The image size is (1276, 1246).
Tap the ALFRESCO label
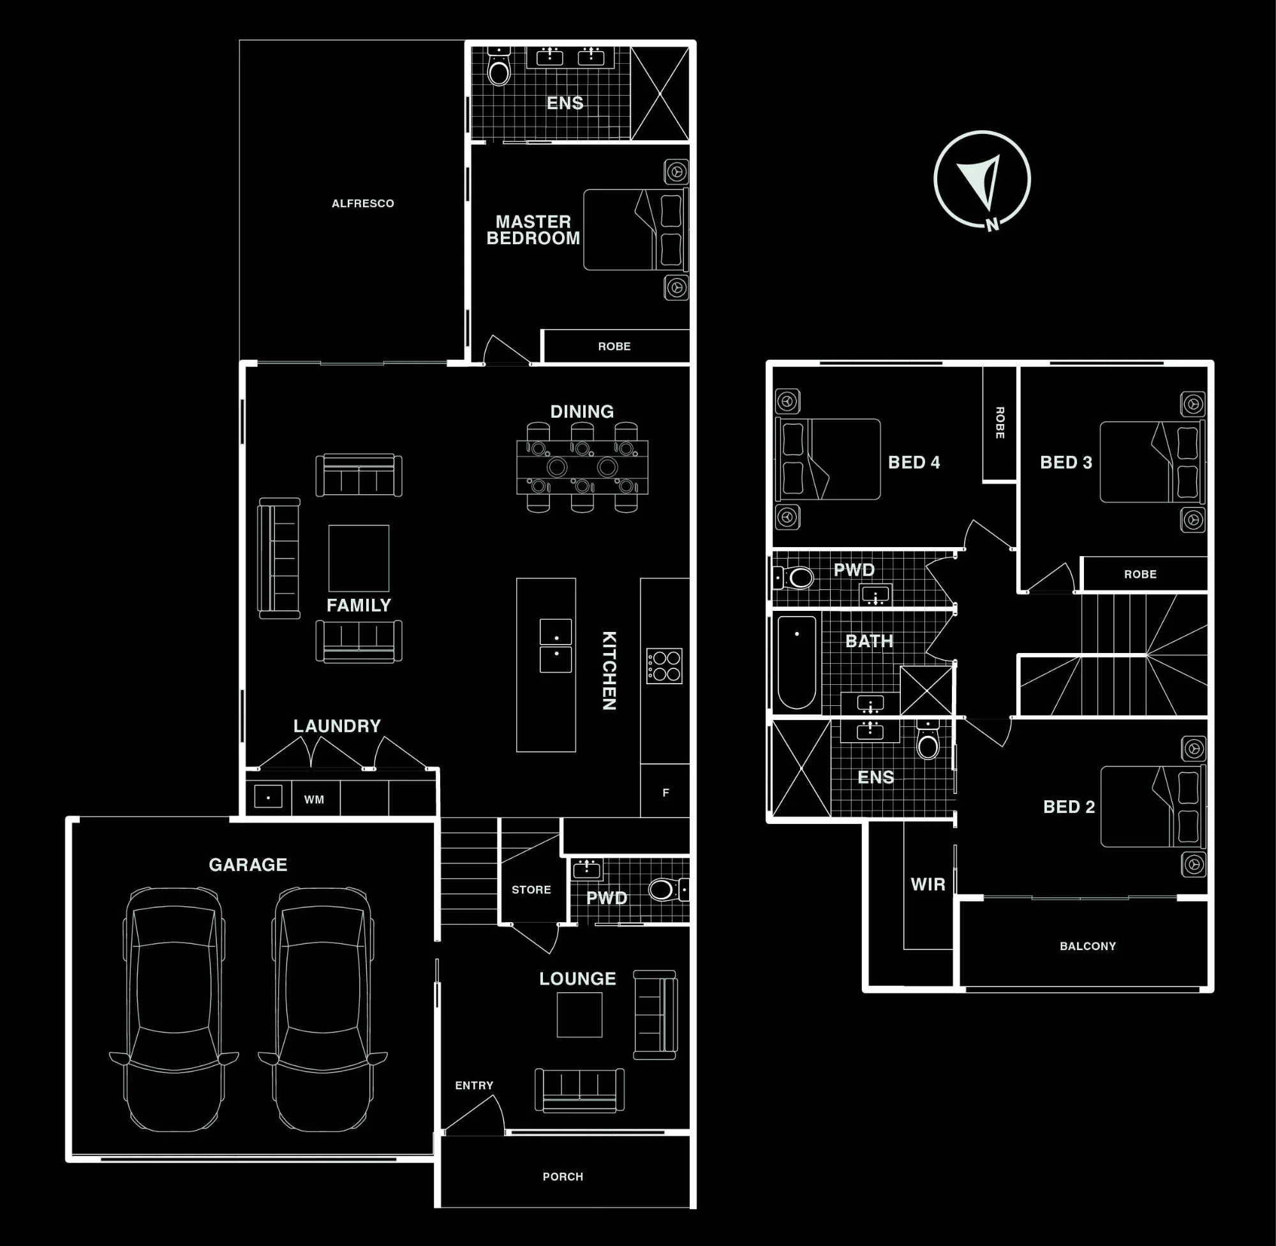(362, 203)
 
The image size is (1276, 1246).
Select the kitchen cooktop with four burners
(665, 666)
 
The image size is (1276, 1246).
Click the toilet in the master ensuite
(499, 66)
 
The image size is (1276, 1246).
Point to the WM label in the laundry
(315, 799)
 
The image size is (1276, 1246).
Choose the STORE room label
(531, 890)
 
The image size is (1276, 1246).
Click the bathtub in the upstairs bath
(797, 663)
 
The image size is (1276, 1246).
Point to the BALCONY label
(1087, 946)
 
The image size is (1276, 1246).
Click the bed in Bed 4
(827, 458)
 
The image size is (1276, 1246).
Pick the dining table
(582, 467)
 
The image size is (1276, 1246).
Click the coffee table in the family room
(359, 558)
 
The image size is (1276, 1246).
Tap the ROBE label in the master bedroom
(614, 346)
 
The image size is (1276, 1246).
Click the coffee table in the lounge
(579, 1015)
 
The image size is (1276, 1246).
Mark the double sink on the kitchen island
(555, 645)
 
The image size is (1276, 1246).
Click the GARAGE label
(248, 865)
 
